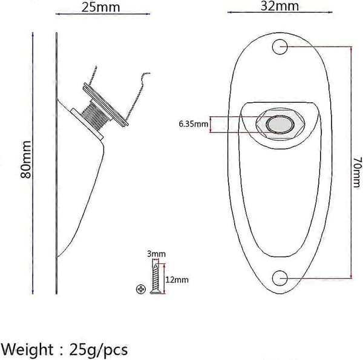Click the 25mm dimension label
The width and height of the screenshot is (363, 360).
[x=100, y=7]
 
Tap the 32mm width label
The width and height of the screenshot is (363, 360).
[x=280, y=6]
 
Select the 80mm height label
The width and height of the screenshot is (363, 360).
[x=25, y=159]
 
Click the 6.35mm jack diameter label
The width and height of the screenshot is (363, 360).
[x=194, y=124]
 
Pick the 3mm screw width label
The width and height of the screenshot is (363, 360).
[x=157, y=254]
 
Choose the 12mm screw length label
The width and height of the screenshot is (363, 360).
[x=177, y=280]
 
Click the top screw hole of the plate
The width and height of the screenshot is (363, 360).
[x=280, y=47]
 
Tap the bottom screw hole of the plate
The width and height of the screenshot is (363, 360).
[x=280, y=278]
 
